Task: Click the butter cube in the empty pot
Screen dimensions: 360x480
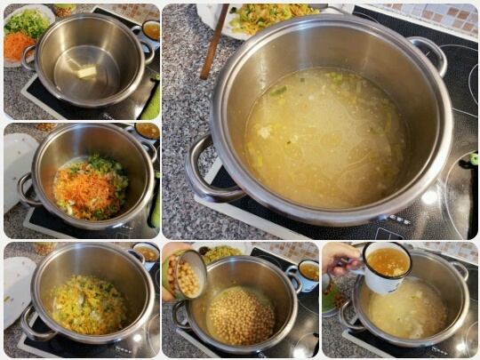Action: click(x=86, y=72)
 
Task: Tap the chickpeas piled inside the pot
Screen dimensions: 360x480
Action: click(x=241, y=316)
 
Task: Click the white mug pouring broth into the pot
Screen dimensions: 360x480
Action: click(x=388, y=266)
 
